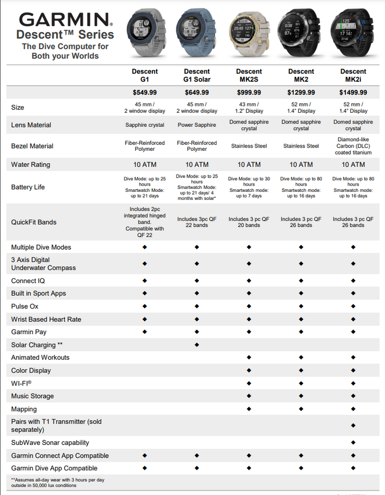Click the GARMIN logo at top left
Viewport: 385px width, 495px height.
tap(65, 21)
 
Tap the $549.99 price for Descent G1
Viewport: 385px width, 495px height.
tap(145, 92)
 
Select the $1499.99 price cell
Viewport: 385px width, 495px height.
tap(353, 92)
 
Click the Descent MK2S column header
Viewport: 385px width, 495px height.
tap(249, 75)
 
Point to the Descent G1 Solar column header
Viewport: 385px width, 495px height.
tap(197, 75)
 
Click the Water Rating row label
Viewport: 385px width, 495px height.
tap(30, 165)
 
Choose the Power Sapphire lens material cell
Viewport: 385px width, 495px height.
tap(197, 125)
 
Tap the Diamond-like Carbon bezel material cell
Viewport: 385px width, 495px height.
tap(353, 146)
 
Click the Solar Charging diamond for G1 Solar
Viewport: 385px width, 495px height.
tap(197, 345)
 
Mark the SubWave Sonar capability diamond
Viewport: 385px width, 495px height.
tap(353, 443)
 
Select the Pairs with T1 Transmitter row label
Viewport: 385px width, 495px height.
tap(56, 426)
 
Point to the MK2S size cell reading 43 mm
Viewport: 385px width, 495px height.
tap(249, 107)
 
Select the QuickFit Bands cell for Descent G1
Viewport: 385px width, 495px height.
tap(145, 222)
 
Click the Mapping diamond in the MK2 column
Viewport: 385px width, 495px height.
tap(301, 409)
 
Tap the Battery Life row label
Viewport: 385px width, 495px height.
tap(28, 187)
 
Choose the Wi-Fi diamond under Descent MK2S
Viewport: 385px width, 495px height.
tap(249, 383)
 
